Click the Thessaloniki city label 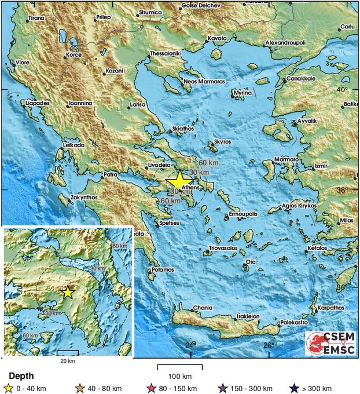(x=166, y=53)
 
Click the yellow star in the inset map (x=68, y=292)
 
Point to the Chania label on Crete (x=202, y=308)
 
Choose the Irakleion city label (x=248, y=317)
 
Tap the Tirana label (x=36, y=18)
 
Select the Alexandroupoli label (x=288, y=43)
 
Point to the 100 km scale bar (x=180, y=367)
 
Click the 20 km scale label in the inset (x=67, y=360)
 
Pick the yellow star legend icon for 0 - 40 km (x=9, y=388)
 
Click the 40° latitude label (x=343, y=90)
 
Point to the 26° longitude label (x=268, y=346)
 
